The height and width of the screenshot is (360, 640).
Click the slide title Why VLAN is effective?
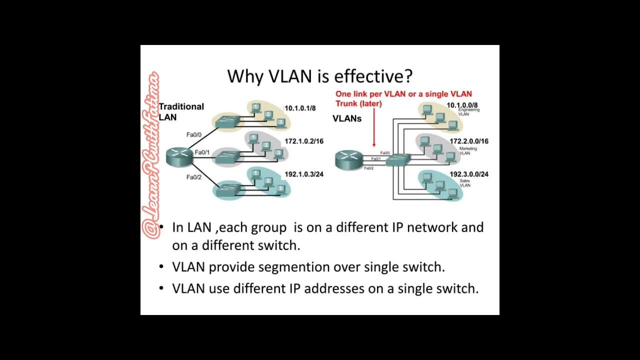[x=320, y=76]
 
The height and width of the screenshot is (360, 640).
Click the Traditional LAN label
[x=180, y=111]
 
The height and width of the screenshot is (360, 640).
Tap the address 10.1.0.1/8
[x=300, y=108]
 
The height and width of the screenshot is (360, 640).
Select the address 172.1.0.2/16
[x=303, y=141]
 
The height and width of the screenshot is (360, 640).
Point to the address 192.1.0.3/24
[x=303, y=174]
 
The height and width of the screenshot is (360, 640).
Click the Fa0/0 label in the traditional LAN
[x=193, y=135]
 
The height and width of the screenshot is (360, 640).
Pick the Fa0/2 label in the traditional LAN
[x=193, y=177]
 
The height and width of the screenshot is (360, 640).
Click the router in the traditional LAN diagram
[x=179, y=156]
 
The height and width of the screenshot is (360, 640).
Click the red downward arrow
[x=374, y=128]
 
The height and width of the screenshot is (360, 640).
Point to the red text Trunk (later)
[x=358, y=103]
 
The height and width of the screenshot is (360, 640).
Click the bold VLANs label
[x=347, y=118]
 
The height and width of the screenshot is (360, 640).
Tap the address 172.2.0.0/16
[x=468, y=141]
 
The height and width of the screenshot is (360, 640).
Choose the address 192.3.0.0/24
[x=468, y=174]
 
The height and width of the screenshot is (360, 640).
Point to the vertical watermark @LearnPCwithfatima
[x=151, y=155]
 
